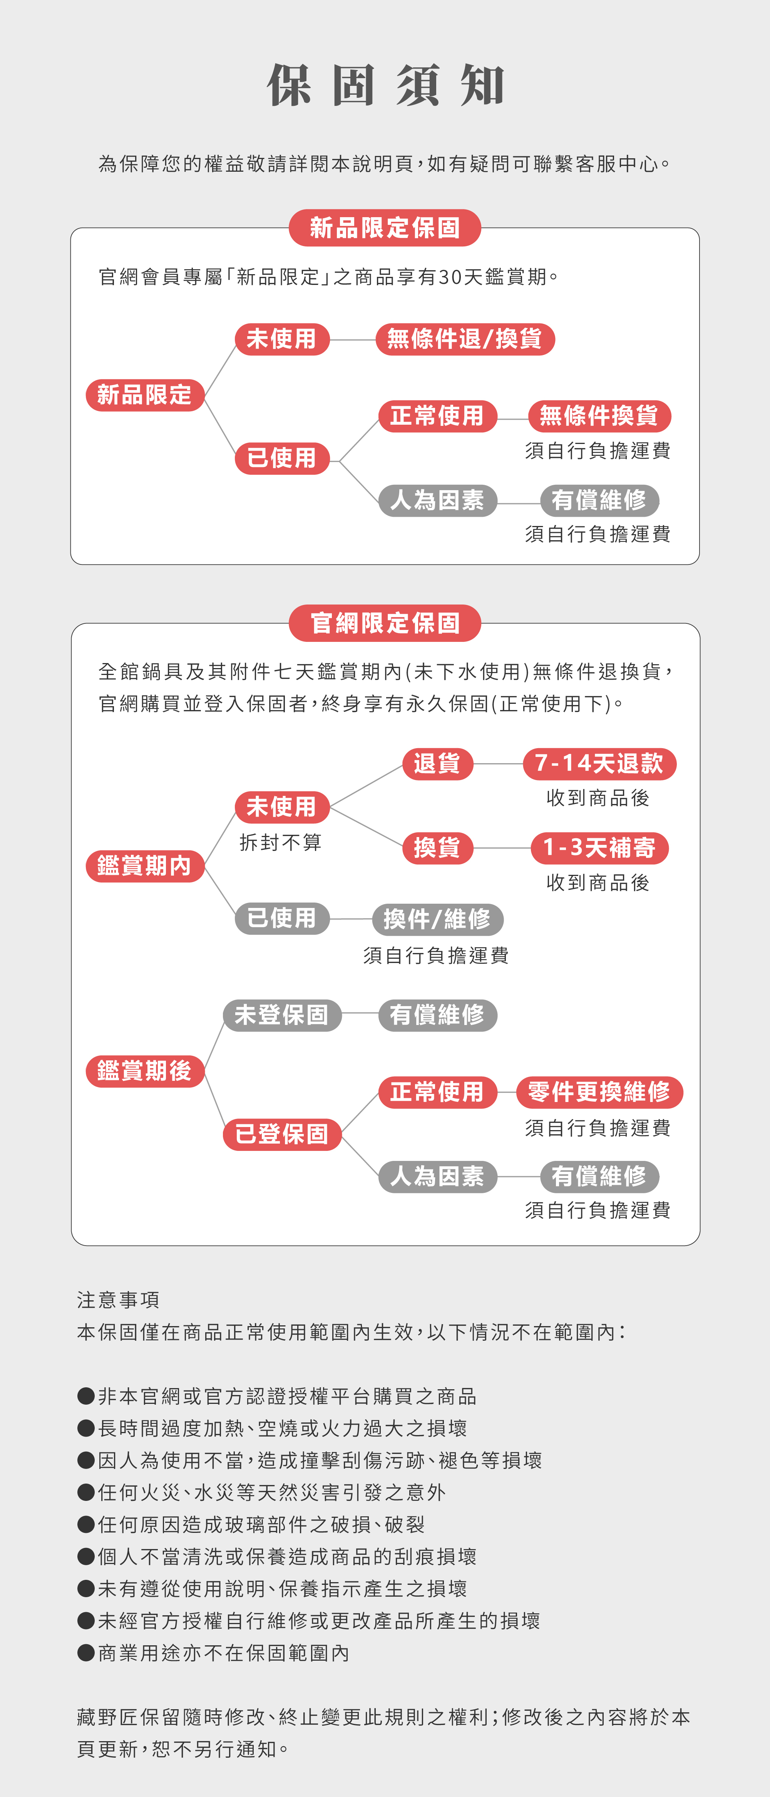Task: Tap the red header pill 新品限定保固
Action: (x=385, y=228)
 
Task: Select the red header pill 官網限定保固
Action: (x=385, y=623)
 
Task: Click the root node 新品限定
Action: (x=144, y=395)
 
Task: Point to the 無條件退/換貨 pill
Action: (x=465, y=339)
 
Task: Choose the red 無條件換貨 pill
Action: (x=599, y=416)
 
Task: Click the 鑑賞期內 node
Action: (x=144, y=866)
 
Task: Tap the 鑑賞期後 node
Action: (x=144, y=1071)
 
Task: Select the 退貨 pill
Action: (x=437, y=764)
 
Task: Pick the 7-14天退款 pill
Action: (x=599, y=764)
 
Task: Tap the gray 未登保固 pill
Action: (x=282, y=1015)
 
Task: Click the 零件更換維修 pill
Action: (x=599, y=1092)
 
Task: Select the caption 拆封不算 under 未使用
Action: (x=280, y=843)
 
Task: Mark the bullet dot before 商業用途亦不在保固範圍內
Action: (x=86, y=1653)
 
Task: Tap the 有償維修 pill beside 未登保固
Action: (x=437, y=1015)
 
